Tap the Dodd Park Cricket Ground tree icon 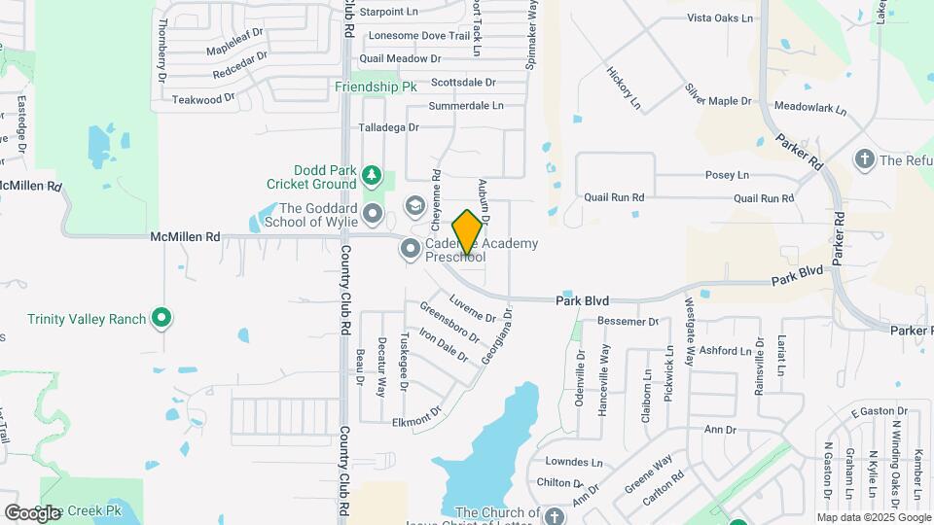coord(371,175)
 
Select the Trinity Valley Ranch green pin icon coord(162,318)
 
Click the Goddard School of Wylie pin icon coord(372,213)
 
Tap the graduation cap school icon coord(415,206)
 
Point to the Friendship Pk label coord(376,87)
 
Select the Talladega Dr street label coord(388,127)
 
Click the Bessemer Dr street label coord(628,322)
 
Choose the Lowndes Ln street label coord(574,463)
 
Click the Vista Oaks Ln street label coord(720,18)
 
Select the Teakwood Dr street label coord(203,99)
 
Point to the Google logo coord(32,512)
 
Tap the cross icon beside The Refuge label coord(864,158)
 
